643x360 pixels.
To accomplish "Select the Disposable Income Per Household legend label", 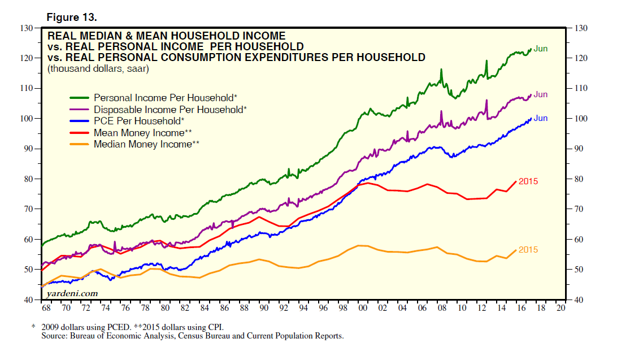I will [x=170, y=109].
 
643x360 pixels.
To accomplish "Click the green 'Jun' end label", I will [x=540, y=49].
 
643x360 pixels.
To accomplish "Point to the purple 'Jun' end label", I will [x=540, y=94].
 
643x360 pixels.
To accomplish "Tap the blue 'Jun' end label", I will [x=540, y=118].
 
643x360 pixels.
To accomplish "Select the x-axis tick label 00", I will [x=363, y=309].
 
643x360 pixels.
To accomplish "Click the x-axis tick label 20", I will [x=561, y=309].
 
